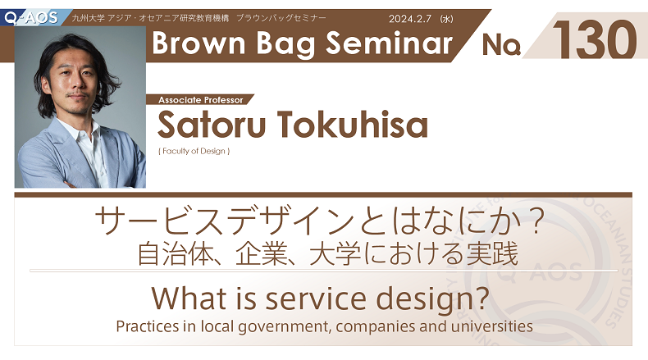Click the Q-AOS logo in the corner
pyautogui.click(x=31, y=18)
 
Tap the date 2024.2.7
pyautogui.click(x=409, y=19)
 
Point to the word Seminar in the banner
pyautogui.click(x=389, y=43)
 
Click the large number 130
pyautogui.click(x=595, y=39)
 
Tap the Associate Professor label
pyautogui.click(x=200, y=100)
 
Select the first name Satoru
pyautogui.click(x=211, y=124)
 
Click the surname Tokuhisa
pyautogui.click(x=352, y=124)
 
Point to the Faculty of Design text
pyautogui.click(x=194, y=151)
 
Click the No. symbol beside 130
pyautogui.click(x=501, y=45)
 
